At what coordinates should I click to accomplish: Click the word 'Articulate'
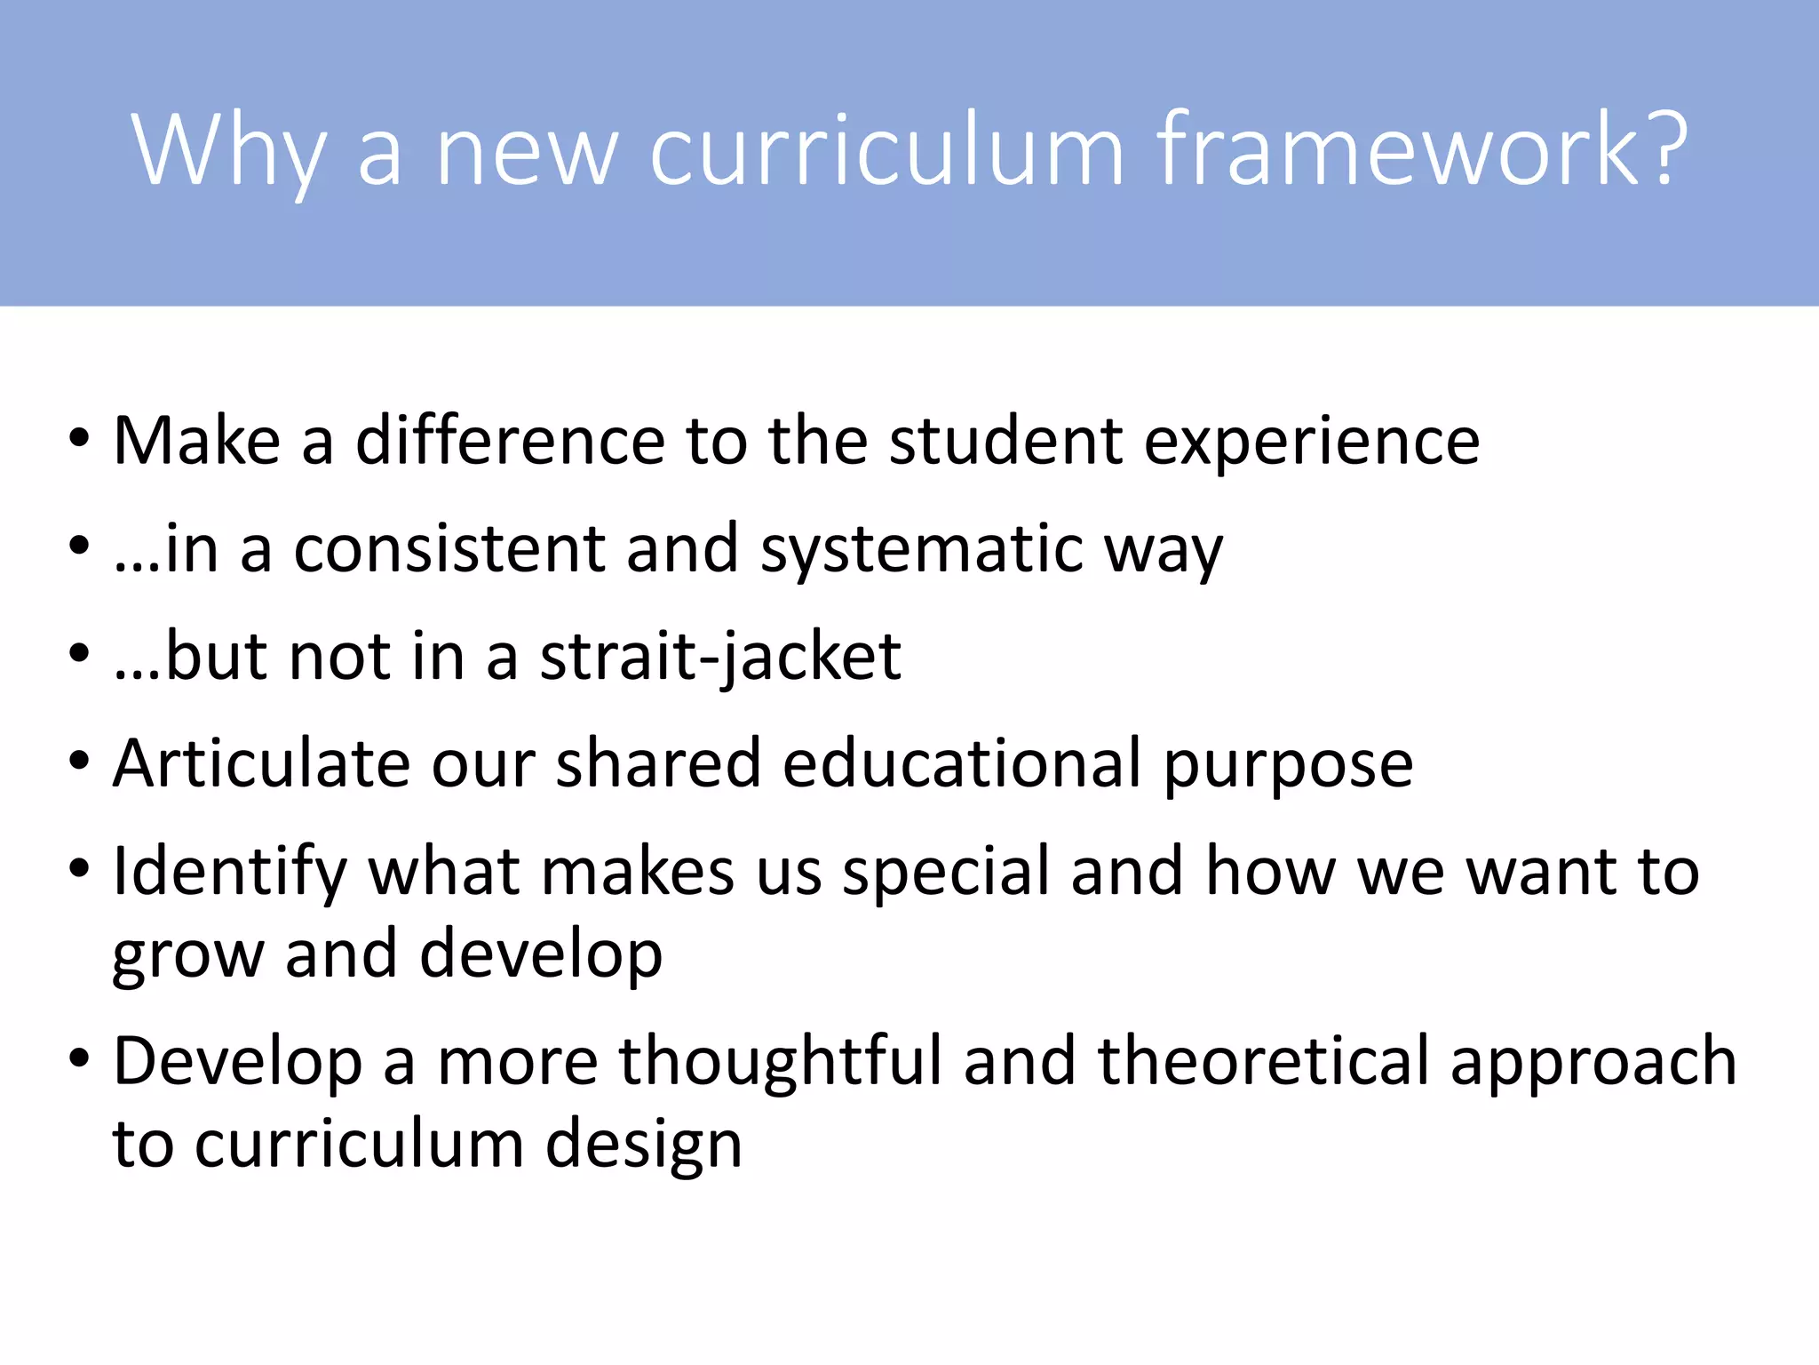(x=260, y=763)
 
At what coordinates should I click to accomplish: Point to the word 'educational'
(x=962, y=763)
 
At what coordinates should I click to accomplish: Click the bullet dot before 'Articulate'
(x=79, y=762)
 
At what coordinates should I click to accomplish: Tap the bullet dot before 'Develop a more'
(x=79, y=1058)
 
